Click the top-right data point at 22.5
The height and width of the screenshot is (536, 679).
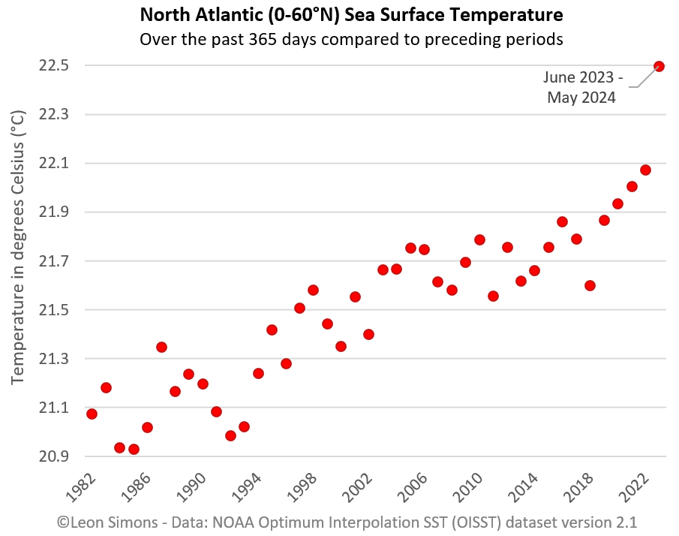pos(659,66)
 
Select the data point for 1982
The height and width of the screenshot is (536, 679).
pos(92,414)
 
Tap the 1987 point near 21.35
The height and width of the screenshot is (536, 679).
pos(161,347)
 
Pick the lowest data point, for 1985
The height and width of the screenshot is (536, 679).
pos(134,449)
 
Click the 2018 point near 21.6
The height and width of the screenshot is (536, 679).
pos(590,285)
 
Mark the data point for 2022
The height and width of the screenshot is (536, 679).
pos(645,170)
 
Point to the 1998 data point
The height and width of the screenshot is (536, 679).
pos(313,290)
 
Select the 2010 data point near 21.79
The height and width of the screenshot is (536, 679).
pos(479,239)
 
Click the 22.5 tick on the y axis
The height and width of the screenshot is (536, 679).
pos(53,66)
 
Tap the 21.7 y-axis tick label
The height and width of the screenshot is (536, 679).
pos(53,261)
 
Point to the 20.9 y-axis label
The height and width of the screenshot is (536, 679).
pos(53,456)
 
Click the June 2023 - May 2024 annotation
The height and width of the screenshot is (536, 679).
pos(582,87)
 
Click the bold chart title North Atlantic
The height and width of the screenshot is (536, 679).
pos(351,14)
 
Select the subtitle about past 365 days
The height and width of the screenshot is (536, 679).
pos(351,38)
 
